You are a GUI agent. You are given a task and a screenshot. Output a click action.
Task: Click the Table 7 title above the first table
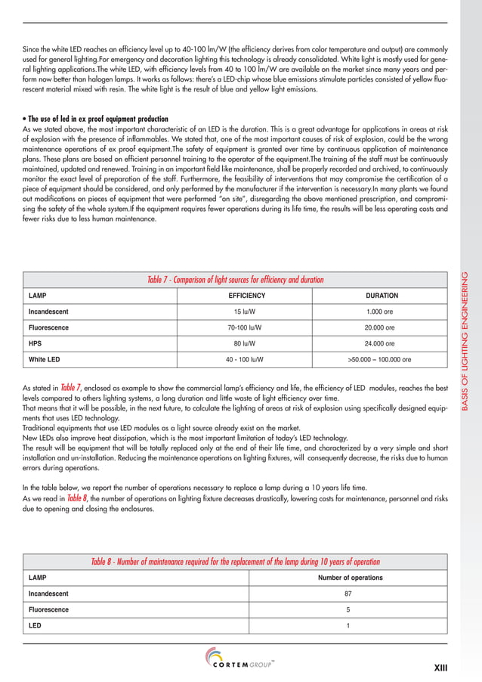click(235, 280)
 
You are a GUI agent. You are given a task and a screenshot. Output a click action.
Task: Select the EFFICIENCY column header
click(246, 296)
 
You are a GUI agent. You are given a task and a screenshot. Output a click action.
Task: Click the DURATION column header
click(382, 296)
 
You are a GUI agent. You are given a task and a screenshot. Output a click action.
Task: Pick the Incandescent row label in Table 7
click(50, 312)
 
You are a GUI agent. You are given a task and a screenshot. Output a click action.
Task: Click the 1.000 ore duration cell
click(382, 312)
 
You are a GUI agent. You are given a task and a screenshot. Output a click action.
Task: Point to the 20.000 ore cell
click(382, 327)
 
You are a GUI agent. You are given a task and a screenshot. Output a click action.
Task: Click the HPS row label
click(35, 343)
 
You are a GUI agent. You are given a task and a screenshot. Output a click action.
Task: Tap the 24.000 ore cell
click(382, 343)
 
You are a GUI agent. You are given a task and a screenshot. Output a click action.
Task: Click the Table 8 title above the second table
click(235, 562)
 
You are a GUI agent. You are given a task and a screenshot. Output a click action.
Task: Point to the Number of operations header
click(350, 578)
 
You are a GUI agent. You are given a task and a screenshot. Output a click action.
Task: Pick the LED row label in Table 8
click(35, 625)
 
